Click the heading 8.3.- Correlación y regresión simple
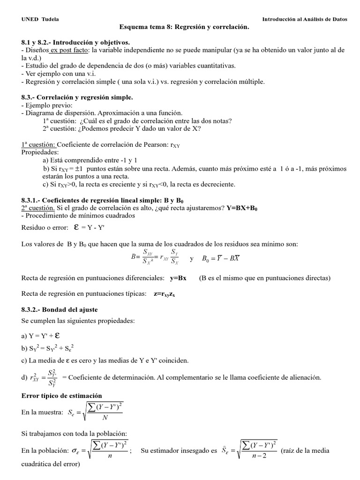coord(77,97)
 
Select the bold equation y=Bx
coord(178,278)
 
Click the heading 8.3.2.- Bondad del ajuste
coord(60,310)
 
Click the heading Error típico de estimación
coord(62,396)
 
